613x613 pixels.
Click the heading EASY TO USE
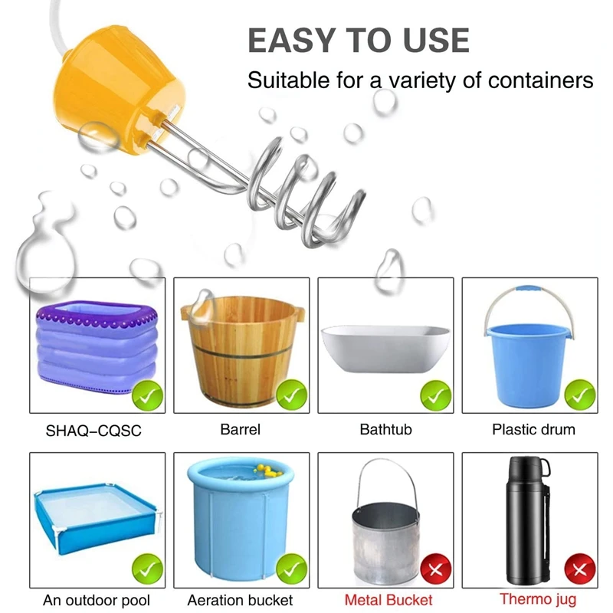tap(358, 40)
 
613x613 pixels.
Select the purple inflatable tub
tap(97, 345)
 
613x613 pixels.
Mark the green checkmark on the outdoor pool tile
tap(147, 569)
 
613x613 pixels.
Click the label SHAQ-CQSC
tap(94, 431)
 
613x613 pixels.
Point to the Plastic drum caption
tap(533, 430)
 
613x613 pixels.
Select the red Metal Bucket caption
tap(388, 600)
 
